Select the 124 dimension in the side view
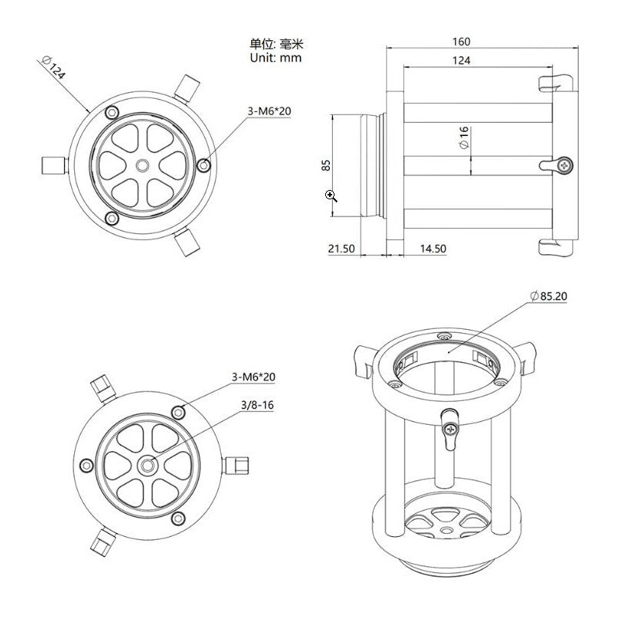(x=462, y=59)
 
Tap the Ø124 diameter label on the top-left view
(x=56, y=70)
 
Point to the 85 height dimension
(x=326, y=165)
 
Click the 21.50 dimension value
(x=341, y=249)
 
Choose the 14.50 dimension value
(x=433, y=249)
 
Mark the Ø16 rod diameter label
(x=463, y=138)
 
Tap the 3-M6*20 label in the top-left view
(x=269, y=111)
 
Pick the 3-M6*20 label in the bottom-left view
(x=253, y=376)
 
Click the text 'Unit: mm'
(x=276, y=58)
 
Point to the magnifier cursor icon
(x=331, y=195)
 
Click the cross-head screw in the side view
(x=567, y=164)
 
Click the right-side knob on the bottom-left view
(x=237, y=464)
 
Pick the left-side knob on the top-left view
(x=51, y=165)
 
